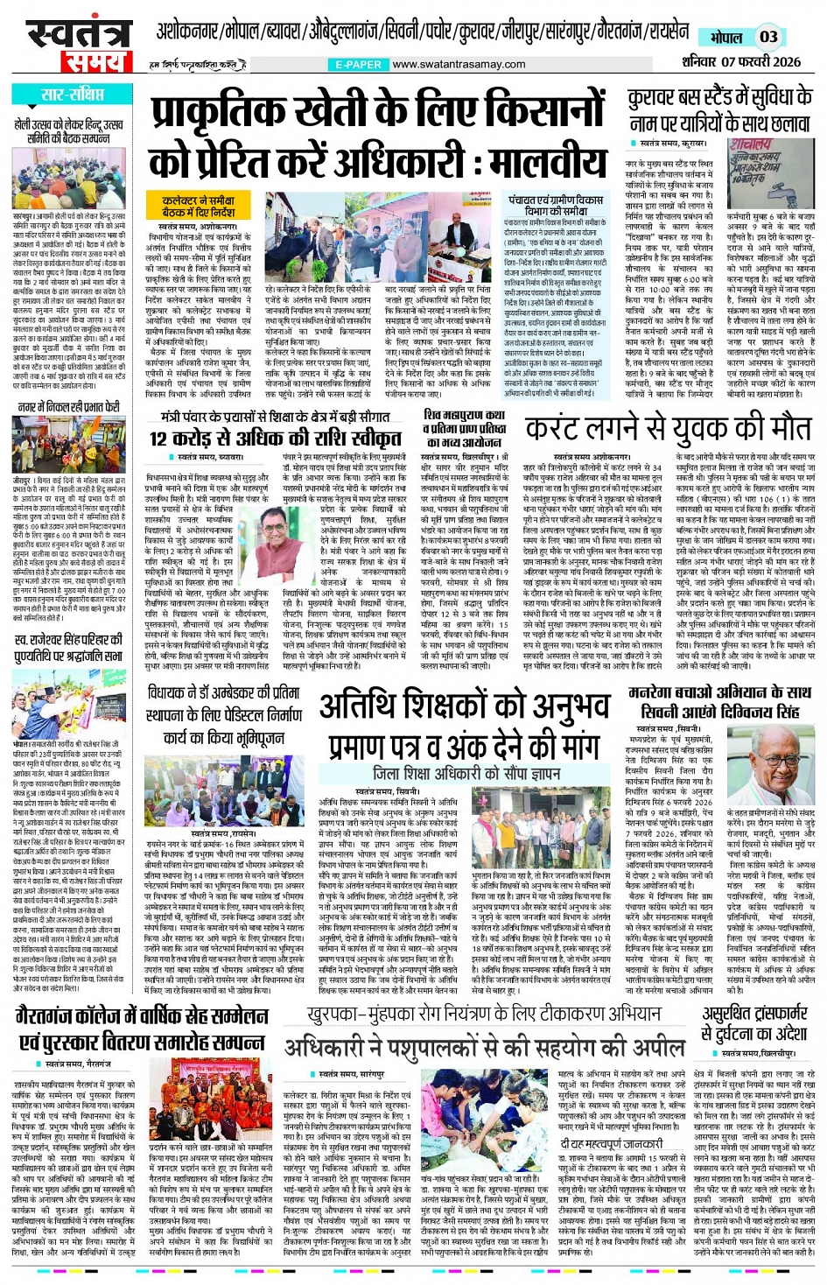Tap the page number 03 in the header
pos(767,37)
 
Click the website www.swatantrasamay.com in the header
pos(459,64)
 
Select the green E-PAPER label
pos(358,64)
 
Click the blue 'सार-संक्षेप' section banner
pos(72,95)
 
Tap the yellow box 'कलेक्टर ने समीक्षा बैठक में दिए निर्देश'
pos(199,207)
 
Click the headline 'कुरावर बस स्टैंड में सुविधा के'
pos(719,98)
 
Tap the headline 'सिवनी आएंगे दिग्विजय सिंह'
pos(719,713)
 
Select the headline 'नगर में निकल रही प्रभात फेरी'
pos(70,408)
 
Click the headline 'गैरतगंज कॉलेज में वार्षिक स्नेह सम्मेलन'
pos(142,1016)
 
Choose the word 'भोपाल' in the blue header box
pos(726,38)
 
